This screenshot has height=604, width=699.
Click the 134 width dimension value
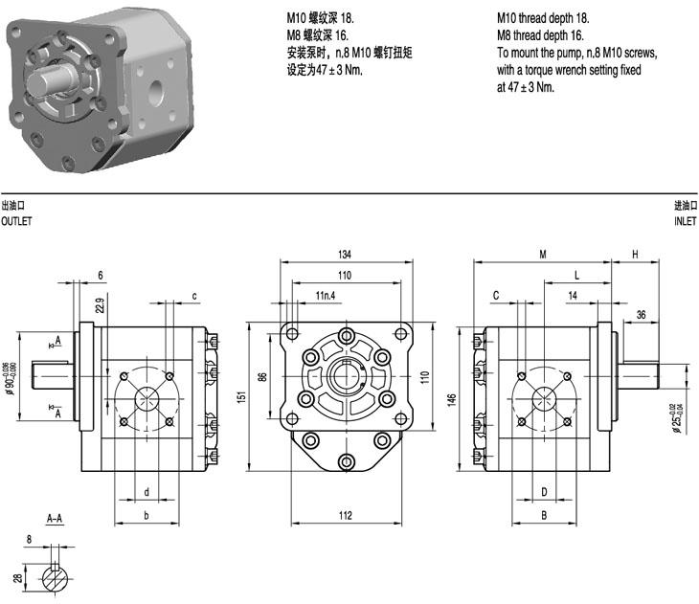point(345,254)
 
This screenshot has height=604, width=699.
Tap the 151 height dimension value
point(241,397)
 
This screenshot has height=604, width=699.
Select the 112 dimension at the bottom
point(346,515)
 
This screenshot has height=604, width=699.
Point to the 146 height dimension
point(452,399)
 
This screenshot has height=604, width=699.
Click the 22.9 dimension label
point(100,305)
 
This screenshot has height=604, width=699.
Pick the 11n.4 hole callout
point(326,295)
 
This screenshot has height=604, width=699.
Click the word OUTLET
point(16,221)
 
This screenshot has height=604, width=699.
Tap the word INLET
point(686,221)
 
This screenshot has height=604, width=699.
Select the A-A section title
point(55,518)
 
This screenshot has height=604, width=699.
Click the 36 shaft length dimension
point(641,315)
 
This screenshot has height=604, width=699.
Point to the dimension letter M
point(543,254)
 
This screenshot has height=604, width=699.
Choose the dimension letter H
point(635,254)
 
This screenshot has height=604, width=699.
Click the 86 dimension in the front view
point(262,377)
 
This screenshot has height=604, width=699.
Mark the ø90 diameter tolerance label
point(11,379)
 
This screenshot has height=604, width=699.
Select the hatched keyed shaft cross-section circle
point(56,578)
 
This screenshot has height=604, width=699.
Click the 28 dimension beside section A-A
point(18,578)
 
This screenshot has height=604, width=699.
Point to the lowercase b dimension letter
point(147,515)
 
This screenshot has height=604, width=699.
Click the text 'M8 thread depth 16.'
point(540,35)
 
